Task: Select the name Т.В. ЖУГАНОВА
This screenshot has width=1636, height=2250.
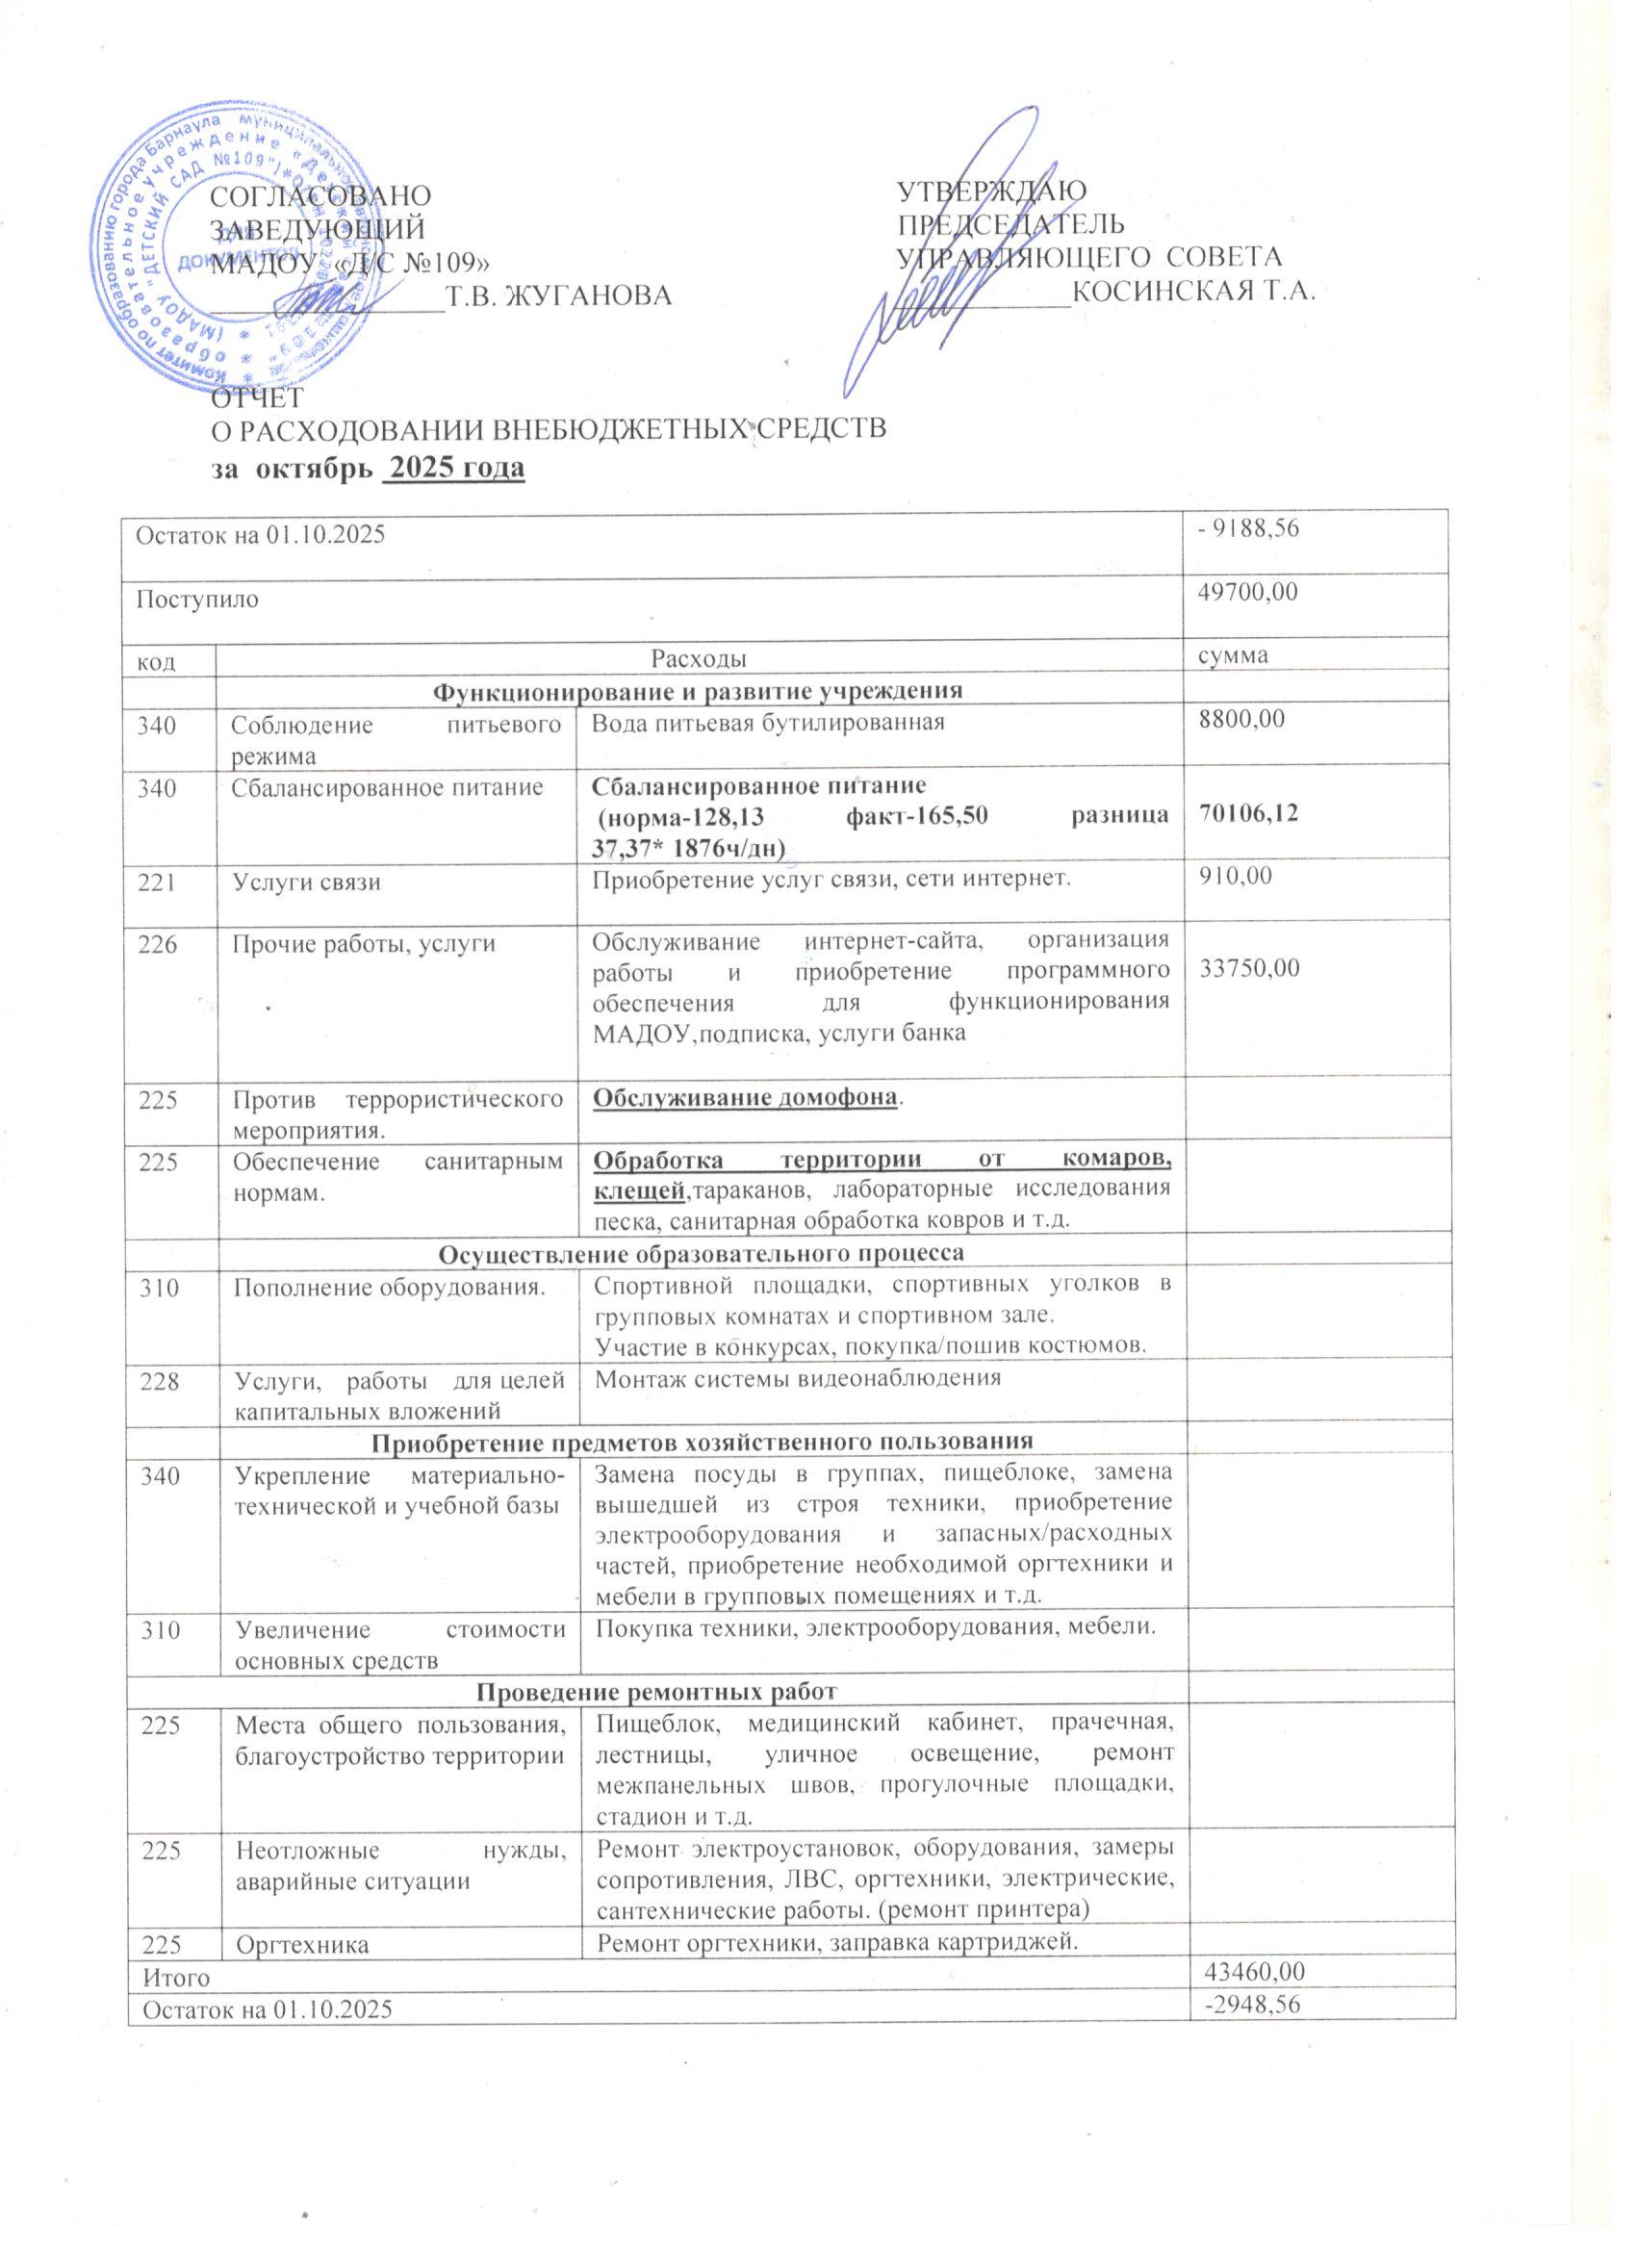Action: tap(554, 295)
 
